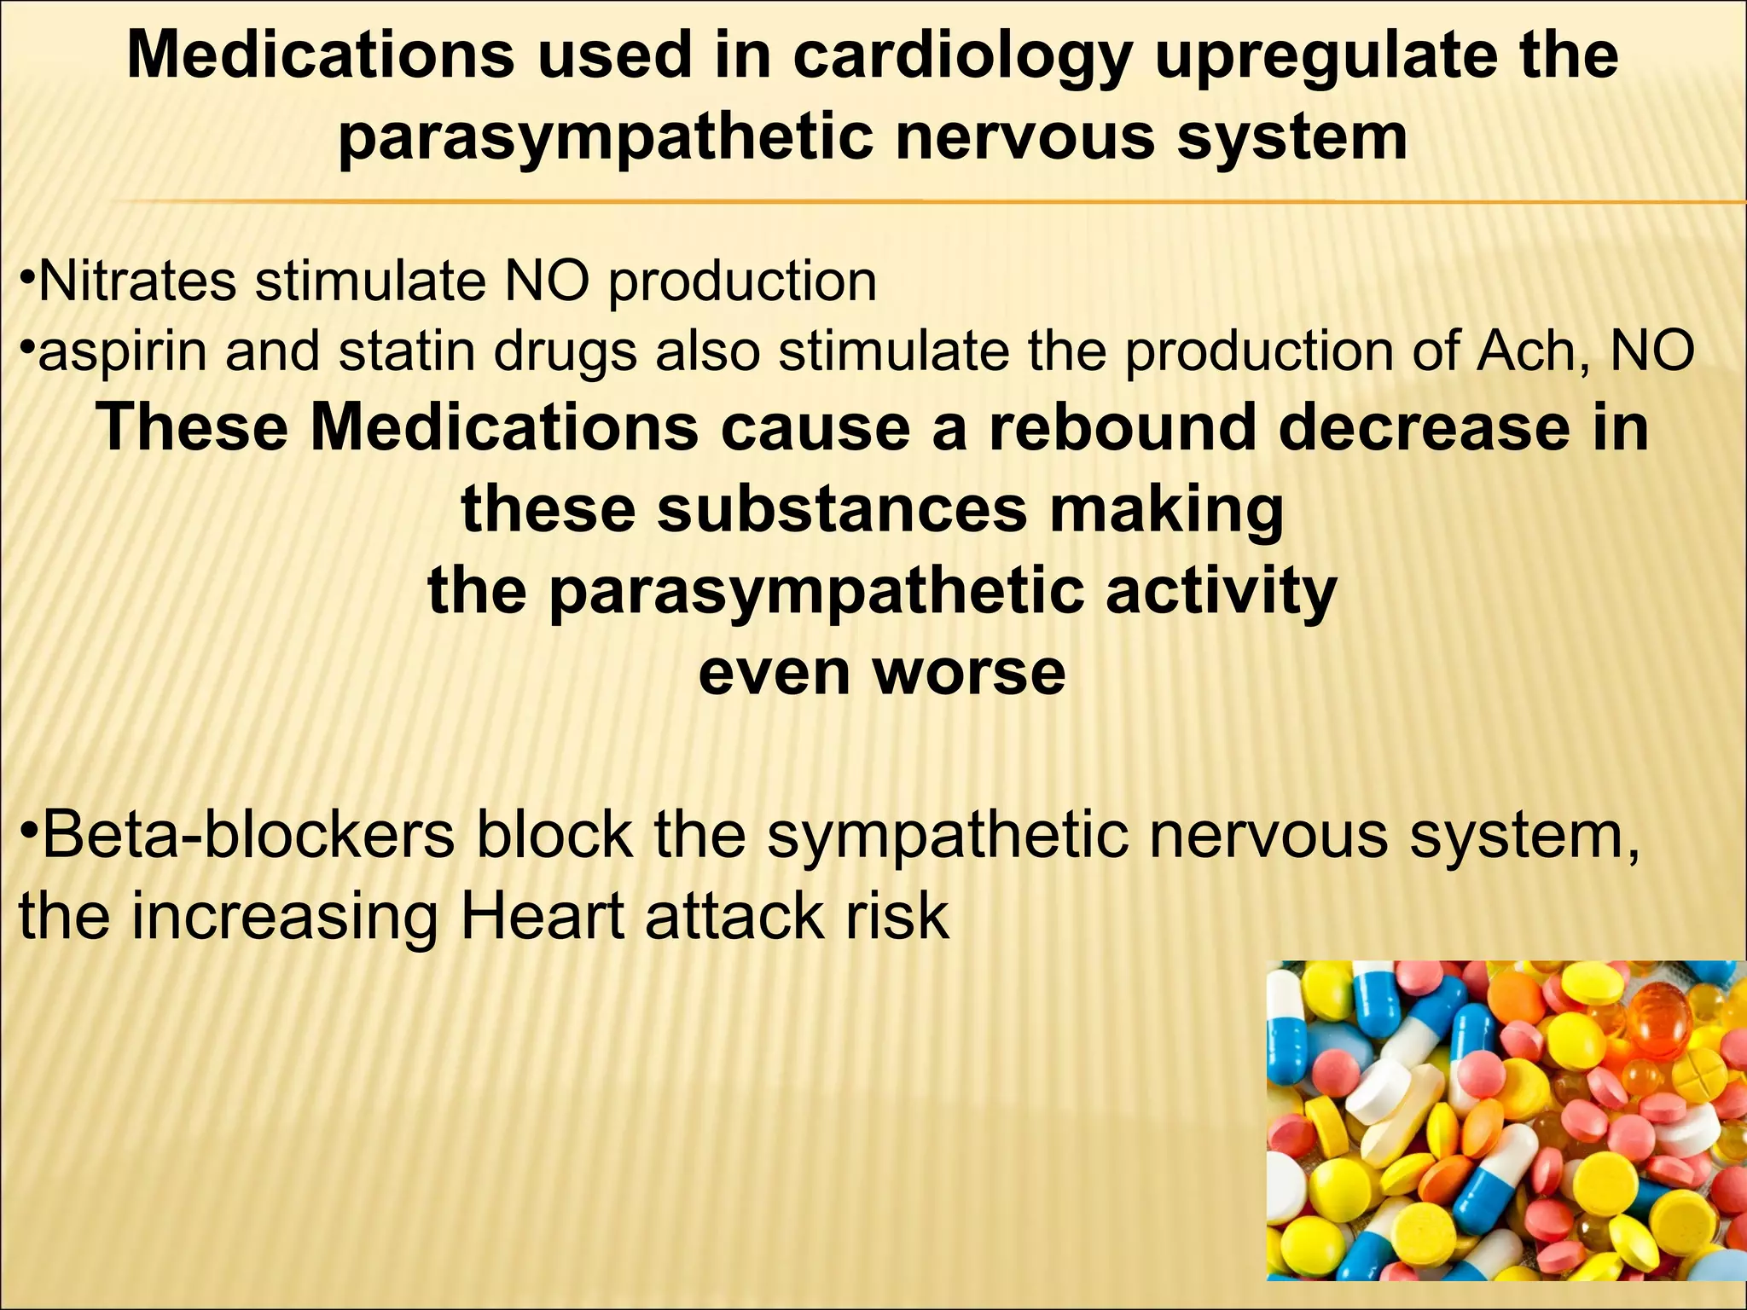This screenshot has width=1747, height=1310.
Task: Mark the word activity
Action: coord(1221,590)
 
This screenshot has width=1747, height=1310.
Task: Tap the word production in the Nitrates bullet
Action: coord(742,281)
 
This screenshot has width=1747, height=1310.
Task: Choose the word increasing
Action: coord(284,917)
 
